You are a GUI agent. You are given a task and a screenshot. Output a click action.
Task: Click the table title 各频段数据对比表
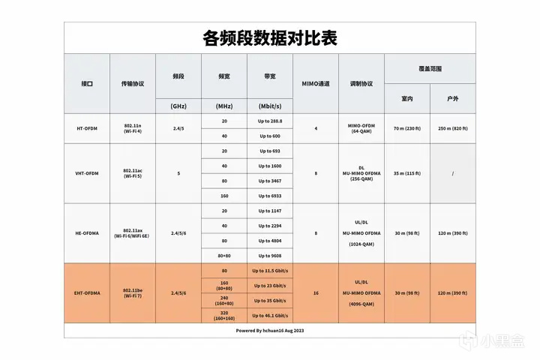[x=269, y=37]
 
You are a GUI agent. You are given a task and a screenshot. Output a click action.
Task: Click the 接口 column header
[x=87, y=84]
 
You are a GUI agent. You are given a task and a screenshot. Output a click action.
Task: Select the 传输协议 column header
[x=133, y=84]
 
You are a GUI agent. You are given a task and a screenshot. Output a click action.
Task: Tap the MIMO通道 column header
[x=315, y=84]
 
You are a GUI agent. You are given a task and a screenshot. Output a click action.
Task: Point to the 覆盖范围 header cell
[x=430, y=68]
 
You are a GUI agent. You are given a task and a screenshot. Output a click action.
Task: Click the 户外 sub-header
[x=452, y=98]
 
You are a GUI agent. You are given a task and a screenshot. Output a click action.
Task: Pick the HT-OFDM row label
[x=87, y=128]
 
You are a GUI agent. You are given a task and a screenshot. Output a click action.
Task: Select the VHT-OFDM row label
[x=87, y=173]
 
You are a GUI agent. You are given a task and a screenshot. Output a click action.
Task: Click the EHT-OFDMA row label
[x=87, y=292]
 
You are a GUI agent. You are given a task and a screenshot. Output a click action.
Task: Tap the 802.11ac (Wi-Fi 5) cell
[x=133, y=173]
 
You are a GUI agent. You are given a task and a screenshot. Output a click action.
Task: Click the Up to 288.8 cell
[x=270, y=121]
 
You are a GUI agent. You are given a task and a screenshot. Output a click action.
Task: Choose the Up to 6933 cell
[x=270, y=196]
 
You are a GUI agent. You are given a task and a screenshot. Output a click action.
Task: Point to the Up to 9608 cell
[x=270, y=255]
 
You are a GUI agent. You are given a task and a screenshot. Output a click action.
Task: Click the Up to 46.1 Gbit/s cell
[x=270, y=315]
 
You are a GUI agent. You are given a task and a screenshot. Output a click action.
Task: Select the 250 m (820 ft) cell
[x=452, y=128]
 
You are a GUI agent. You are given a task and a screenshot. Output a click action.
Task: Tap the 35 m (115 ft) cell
[x=407, y=173]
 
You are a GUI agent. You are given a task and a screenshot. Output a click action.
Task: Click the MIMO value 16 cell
[x=315, y=292]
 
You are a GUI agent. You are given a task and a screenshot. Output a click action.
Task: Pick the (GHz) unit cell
[x=178, y=106]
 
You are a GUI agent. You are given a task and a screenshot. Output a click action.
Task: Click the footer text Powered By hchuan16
[x=269, y=330]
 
